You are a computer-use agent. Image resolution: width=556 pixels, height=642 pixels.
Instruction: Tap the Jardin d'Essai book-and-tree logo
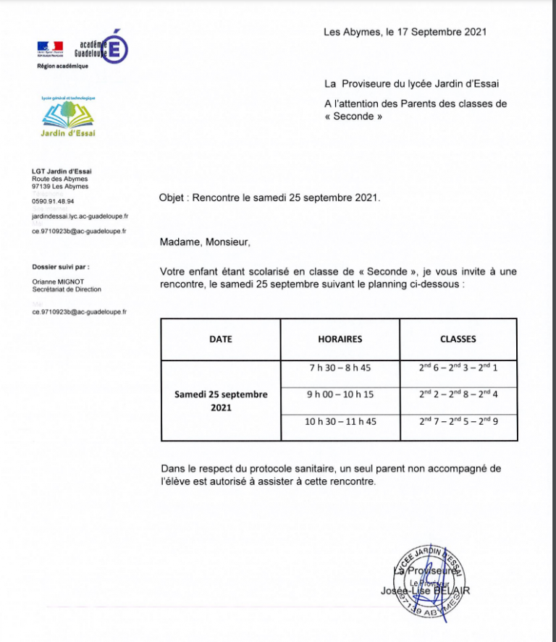pos(68,118)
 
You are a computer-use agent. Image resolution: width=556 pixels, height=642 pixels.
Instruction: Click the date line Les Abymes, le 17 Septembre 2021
pos(405,32)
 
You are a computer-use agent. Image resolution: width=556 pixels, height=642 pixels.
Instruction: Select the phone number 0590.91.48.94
pos(53,201)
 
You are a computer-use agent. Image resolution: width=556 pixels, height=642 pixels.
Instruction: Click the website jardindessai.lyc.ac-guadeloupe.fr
pos(80,216)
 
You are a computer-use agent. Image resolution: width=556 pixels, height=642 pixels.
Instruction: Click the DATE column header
pos(221,339)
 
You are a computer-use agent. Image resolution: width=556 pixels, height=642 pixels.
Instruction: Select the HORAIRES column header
pos(340,339)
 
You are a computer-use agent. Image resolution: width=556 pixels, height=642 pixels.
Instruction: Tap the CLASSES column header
pos(458,339)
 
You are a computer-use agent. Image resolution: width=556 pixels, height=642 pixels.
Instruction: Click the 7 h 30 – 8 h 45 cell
pos(340,368)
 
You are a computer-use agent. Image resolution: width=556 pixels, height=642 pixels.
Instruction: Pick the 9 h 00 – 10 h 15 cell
pos(340,394)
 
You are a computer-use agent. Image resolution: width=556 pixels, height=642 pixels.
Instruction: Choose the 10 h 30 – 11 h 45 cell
pos(340,421)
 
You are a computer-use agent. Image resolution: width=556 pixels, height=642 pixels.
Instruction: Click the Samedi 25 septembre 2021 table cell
pos(221,401)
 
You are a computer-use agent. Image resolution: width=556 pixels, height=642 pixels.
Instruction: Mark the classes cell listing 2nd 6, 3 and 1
pos(458,368)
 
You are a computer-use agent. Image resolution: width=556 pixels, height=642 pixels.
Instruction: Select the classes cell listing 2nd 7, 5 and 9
pos(458,421)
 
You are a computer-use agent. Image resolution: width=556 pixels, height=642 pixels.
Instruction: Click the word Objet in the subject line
pos(172,198)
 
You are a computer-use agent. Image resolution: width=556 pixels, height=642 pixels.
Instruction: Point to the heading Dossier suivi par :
pos(61,266)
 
